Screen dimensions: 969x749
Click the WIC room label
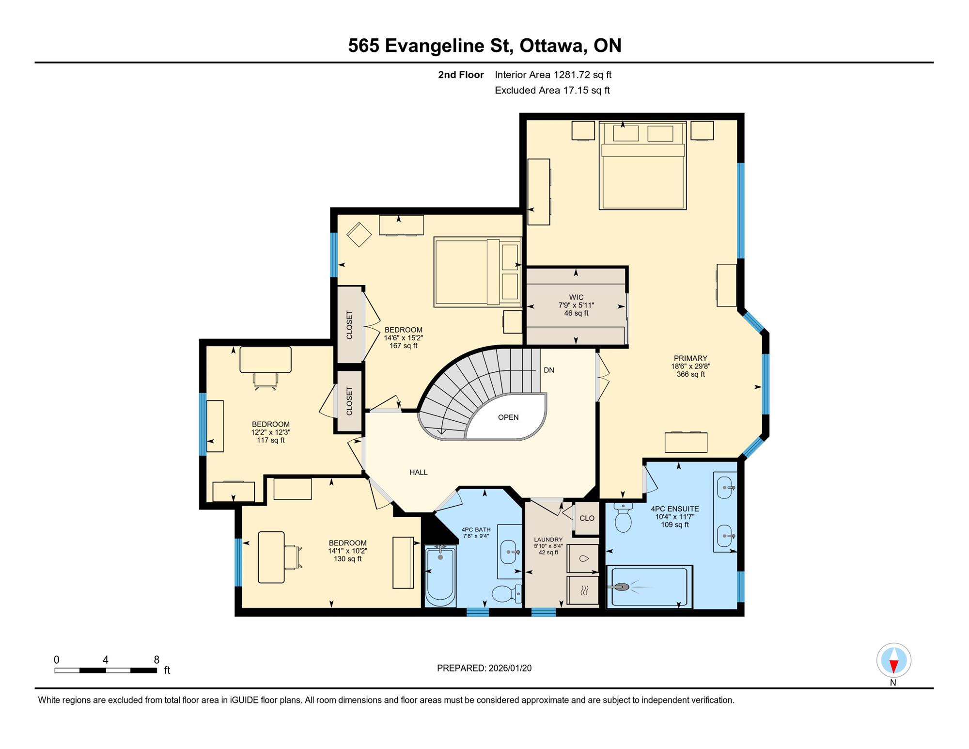coord(576,297)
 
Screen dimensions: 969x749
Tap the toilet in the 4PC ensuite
coord(623,517)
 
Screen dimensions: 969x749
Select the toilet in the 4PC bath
coord(507,593)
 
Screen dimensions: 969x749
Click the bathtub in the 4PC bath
coord(440,576)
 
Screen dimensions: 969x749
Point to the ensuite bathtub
coord(649,587)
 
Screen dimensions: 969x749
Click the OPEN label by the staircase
coord(508,417)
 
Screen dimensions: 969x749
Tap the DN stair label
coord(549,370)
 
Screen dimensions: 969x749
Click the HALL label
coord(419,472)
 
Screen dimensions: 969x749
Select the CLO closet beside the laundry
coord(587,518)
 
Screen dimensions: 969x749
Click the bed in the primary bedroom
coord(642,165)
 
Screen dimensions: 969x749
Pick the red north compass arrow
coord(894,666)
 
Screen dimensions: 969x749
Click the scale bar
coord(106,670)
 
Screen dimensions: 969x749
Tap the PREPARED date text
coord(484,668)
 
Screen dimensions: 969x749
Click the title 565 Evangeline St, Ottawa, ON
coord(484,46)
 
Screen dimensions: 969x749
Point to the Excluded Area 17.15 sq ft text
coord(552,90)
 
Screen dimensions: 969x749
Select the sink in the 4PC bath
coord(509,552)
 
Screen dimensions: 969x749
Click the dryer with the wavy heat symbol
coord(583,590)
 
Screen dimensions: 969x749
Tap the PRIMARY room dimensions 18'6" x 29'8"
coord(690,367)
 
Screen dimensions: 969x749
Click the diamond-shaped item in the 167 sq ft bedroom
coord(359,235)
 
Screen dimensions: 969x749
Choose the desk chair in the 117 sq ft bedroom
coord(266,381)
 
